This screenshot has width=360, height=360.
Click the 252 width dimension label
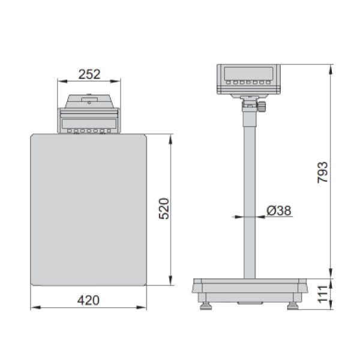[89, 74]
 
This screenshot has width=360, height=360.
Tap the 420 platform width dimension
[89, 299]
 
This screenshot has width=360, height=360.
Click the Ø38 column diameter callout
[278, 210]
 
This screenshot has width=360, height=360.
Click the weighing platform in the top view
[89, 210]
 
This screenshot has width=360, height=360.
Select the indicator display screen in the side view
[247, 74]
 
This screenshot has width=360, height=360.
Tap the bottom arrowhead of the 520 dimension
[172, 283]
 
